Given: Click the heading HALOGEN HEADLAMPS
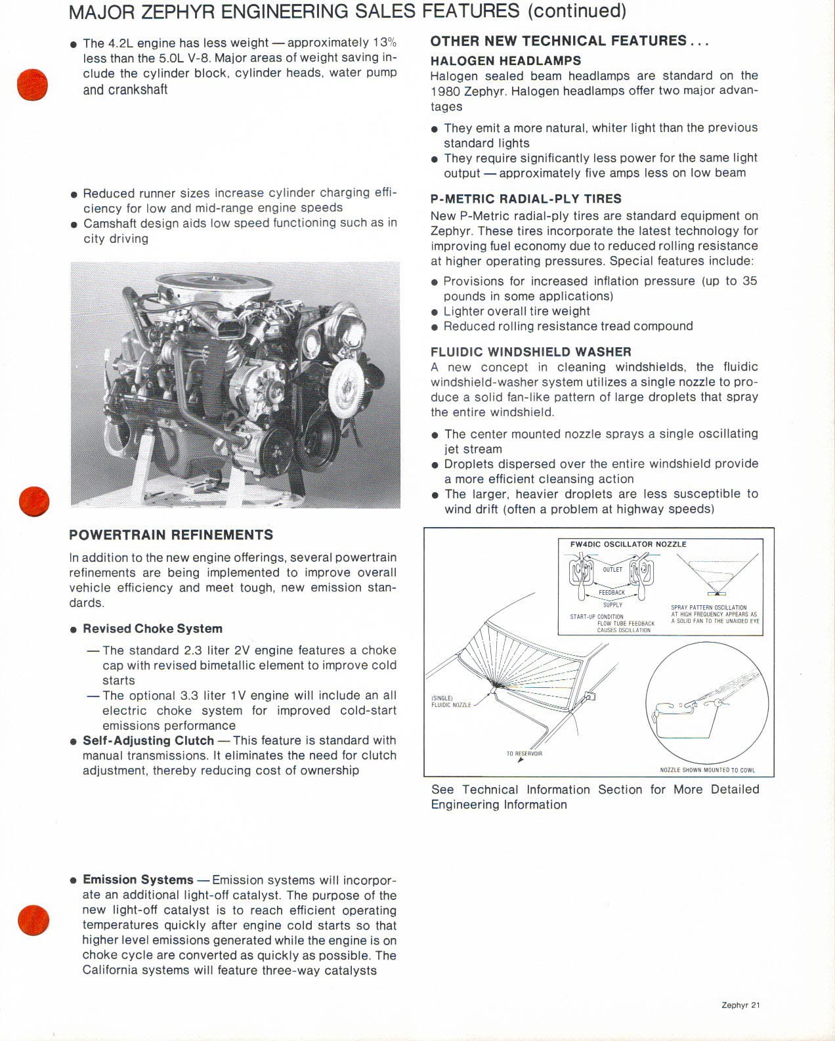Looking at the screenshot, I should click(x=505, y=60).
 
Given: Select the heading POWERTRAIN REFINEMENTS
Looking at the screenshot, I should click(x=171, y=534).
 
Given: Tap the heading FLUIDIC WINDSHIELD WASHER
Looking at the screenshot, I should click(x=531, y=352).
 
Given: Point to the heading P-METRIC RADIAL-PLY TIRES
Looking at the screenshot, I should click(x=526, y=199).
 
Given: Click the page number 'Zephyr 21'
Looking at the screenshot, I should click(x=740, y=1005).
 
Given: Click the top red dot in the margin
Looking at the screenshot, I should click(x=33, y=84).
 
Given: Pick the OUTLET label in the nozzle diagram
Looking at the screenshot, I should click(x=612, y=570).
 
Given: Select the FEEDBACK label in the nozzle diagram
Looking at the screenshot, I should click(x=612, y=592).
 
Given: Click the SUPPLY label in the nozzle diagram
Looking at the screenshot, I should click(x=612, y=605).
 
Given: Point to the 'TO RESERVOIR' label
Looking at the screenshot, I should click(x=525, y=753).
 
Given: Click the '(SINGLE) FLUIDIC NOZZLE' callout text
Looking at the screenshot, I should click(x=451, y=702).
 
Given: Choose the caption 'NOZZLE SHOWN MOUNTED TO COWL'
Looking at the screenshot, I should click(x=707, y=770).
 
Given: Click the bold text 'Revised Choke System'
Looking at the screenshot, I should click(x=152, y=629).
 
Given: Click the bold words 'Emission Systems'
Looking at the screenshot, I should click(x=138, y=880).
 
